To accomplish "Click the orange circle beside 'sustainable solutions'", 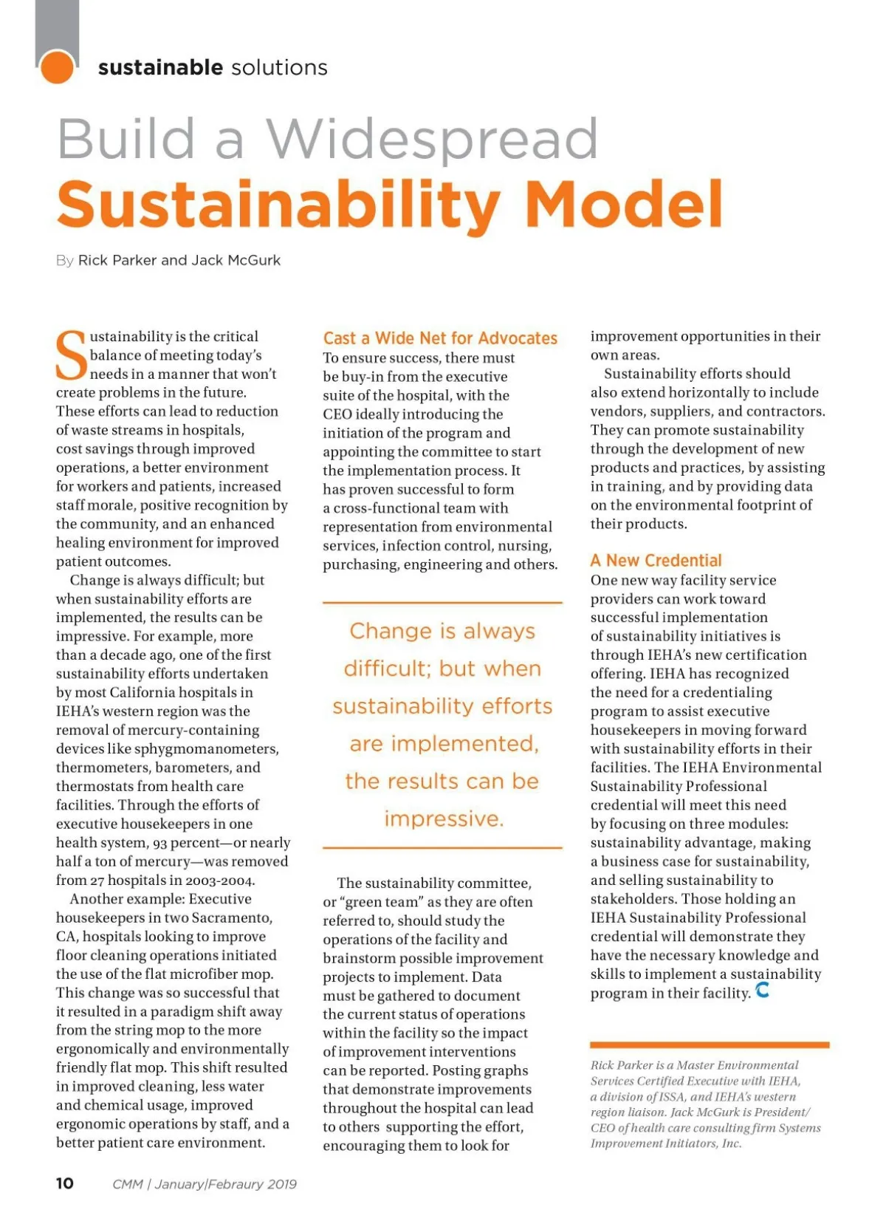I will pos(57,67).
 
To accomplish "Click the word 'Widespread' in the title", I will pos(432,139).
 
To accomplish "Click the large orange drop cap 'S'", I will pos(72,356).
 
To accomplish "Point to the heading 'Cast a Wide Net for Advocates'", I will pos(440,338).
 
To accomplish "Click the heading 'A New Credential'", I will pos(656,560).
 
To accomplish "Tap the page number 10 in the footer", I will pos(65,1183).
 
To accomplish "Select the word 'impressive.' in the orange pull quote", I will pos(444,818).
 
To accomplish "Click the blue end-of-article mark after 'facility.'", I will pos(763,990).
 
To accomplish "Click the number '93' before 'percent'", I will pos(160,843).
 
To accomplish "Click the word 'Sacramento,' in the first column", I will pos(232,917).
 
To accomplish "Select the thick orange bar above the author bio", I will pos(709,1044).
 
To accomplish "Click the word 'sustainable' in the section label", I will pos(160,67).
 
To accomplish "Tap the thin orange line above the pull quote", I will pos(442,603).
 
